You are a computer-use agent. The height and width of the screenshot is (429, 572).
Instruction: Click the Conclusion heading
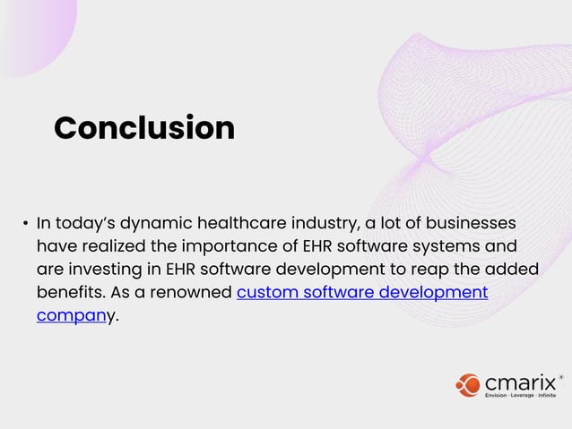coord(143,128)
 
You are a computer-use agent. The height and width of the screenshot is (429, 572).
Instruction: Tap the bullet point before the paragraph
coord(25,223)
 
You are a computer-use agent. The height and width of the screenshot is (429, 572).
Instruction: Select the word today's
coord(88,221)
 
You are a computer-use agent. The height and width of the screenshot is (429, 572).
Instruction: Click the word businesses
coord(473,221)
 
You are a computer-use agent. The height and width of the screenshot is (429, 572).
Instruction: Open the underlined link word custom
coord(264,293)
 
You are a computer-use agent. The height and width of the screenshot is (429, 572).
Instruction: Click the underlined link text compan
coord(71,316)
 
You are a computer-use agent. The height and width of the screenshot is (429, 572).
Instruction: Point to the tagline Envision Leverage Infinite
coord(520,395)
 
